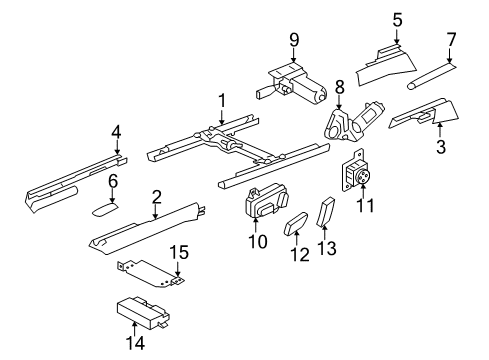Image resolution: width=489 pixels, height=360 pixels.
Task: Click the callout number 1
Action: pyautogui.click(x=222, y=101)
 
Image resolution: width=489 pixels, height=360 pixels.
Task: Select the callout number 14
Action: pyautogui.click(x=136, y=342)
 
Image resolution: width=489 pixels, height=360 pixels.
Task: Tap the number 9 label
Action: pyautogui.click(x=294, y=40)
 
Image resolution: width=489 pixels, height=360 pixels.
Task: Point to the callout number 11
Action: pyautogui.click(x=366, y=205)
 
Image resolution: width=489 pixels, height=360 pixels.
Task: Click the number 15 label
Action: pyautogui.click(x=180, y=252)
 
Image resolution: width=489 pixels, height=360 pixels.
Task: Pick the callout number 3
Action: pyautogui.click(x=441, y=146)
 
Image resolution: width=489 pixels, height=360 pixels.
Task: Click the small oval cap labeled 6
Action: pyautogui.click(x=105, y=210)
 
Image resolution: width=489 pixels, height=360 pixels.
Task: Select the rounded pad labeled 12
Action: pyautogui.click(x=296, y=225)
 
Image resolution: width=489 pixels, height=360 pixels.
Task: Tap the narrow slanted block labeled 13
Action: pyautogui.click(x=325, y=212)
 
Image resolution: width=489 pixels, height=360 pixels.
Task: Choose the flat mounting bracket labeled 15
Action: pyautogui.click(x=152, y=272)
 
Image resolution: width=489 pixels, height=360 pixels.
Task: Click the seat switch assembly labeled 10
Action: pyautogui.click(x=266, y=202)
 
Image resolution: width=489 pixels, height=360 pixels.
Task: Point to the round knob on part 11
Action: pyautogui.click(x=364, y=176)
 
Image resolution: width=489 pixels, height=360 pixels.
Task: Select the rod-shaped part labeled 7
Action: pyautogui.click(x=432, y=76)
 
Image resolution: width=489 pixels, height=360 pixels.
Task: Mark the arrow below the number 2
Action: pyautogui.click(x=155, y=212)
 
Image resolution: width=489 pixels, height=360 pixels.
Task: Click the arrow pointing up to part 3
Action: pyautogui.click(x=440, y=130)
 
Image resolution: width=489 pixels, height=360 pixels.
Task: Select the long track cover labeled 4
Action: pyautogui.click(x=77, y=182)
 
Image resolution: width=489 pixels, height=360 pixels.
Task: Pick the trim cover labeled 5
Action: pyautogui.click(x=386, y=65)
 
